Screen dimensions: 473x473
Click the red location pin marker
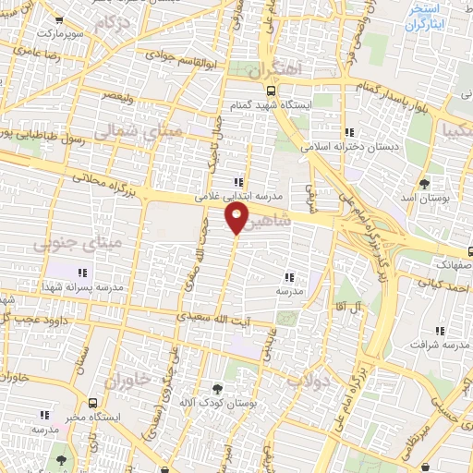(236, 219)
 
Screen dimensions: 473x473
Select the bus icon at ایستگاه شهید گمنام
(271, 91)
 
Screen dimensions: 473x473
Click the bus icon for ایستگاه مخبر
(93, 403)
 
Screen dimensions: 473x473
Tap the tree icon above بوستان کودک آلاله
(217, 389)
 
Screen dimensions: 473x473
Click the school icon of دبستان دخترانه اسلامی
(348, 132)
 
